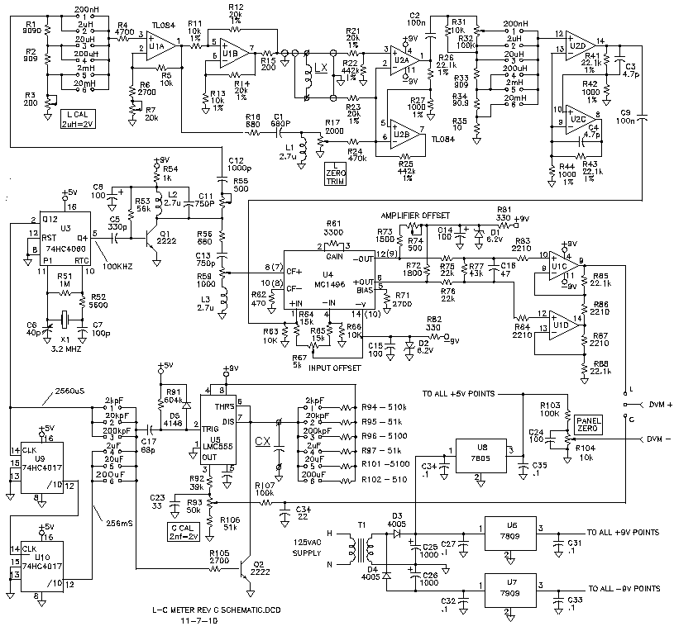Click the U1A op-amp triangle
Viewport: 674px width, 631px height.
click(155, 48)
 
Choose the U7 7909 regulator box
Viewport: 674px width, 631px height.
click(511, 587)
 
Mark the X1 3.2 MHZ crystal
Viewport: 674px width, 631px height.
click(63, 318)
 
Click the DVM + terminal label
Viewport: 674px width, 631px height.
click(654, 404)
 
